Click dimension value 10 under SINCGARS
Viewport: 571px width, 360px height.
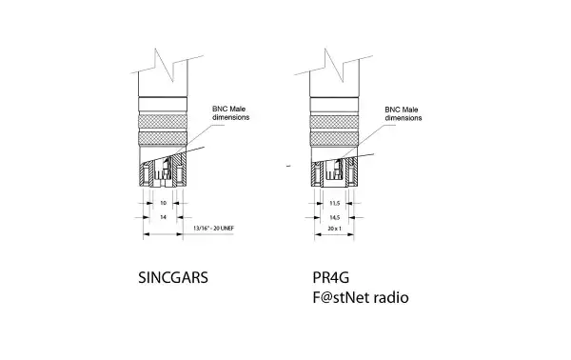(x=163, y=203)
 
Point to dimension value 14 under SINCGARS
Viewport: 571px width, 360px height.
(x=163, y=217)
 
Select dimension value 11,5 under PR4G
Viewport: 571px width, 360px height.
(x=335, y=203)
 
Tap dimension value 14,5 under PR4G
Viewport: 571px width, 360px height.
(x=335, y=217)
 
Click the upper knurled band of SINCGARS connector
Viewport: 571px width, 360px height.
(x=163, y=120)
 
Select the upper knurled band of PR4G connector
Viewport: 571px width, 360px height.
(x=335, y=120)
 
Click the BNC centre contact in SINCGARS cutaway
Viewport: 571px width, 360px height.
(x=164, y=174)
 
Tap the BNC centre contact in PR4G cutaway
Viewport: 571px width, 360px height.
(x=335, y=174)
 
